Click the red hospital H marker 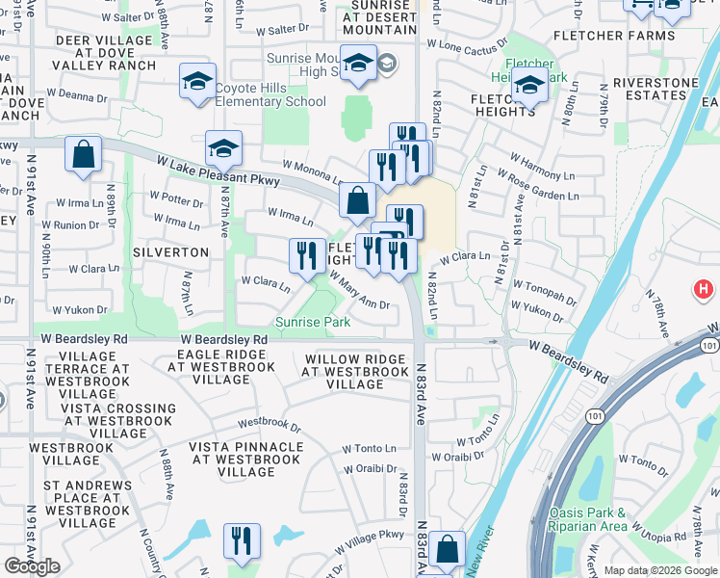[705, 289]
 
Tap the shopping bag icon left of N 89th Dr [84, 154]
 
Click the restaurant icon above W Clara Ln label [307, 255]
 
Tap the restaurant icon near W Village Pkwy [242, 540]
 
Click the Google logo [32, 566]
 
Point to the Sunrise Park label [313, 322]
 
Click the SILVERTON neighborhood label [173, 251]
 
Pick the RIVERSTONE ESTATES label [655, 90]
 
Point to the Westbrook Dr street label [270, 423]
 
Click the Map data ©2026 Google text [659, 570]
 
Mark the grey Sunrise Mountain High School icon [387, 65]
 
